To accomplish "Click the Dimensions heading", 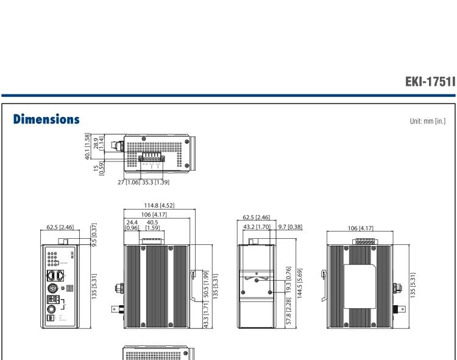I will click(x=46, y=116).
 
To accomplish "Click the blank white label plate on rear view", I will click(x=358, y=287).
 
